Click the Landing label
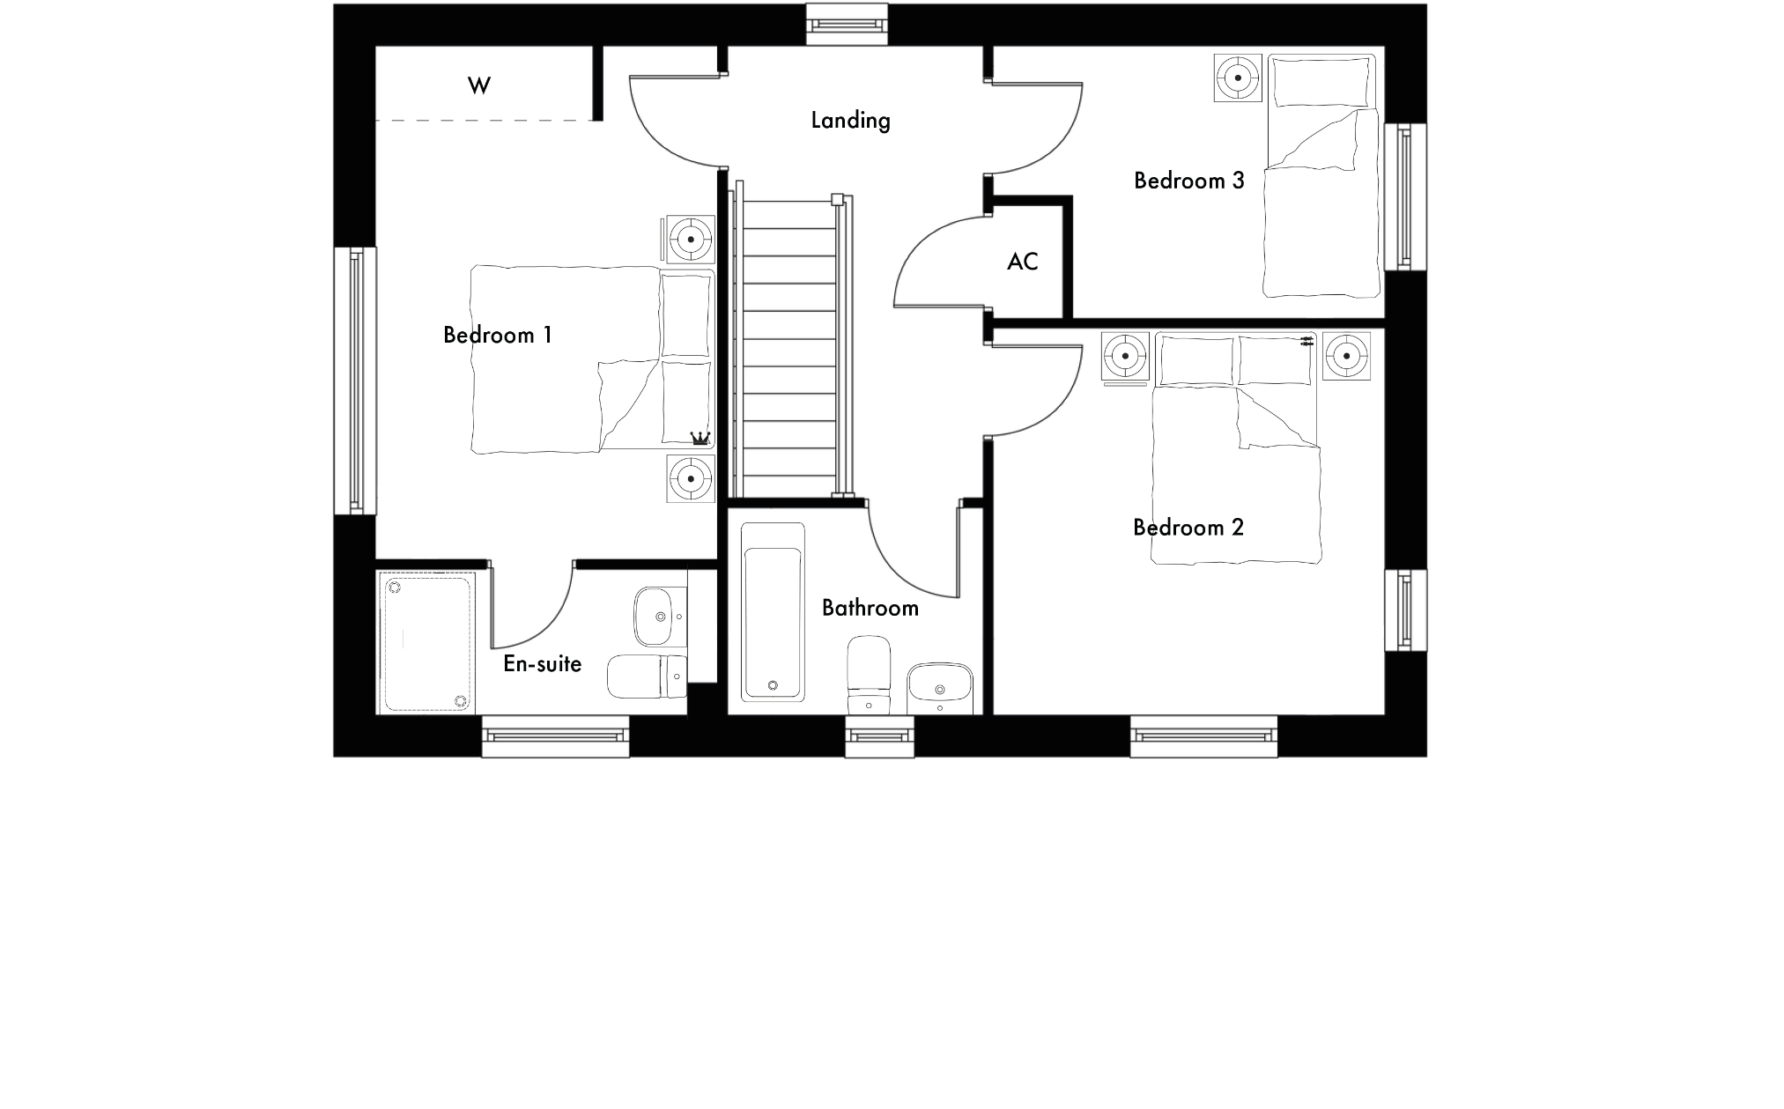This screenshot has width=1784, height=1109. pos(850,120)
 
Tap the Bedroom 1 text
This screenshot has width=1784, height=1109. pos(497,335)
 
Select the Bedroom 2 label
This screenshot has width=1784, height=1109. pos(1188,527)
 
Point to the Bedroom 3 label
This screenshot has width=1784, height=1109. pos(1188,181)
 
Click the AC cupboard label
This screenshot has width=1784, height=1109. pos(1022,261)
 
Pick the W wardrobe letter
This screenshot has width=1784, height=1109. pos(478,85)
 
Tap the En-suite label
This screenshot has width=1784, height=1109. pos(542,663)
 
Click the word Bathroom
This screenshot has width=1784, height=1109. pos(870,608)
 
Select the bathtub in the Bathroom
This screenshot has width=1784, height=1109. pos(773,612)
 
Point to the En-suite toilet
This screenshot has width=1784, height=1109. pos(647,676)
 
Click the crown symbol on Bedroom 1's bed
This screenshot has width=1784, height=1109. pos(700,437)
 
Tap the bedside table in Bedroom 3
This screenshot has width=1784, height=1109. pos(1238,78)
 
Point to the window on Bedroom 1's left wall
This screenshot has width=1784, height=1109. pos(355,381)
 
